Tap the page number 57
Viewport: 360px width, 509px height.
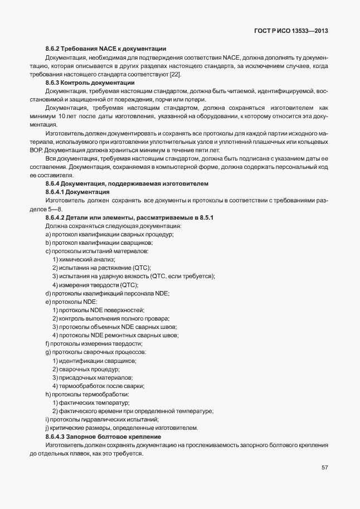tap(324, 468)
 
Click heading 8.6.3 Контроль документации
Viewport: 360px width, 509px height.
tap(90, 83)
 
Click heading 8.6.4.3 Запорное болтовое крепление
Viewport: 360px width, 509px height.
tap(104, 436)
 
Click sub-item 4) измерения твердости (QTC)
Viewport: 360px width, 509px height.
tap(95, 285)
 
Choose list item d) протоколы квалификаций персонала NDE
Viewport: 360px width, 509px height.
tap(107, 293)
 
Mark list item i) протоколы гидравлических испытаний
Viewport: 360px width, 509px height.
tap(103, 419)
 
